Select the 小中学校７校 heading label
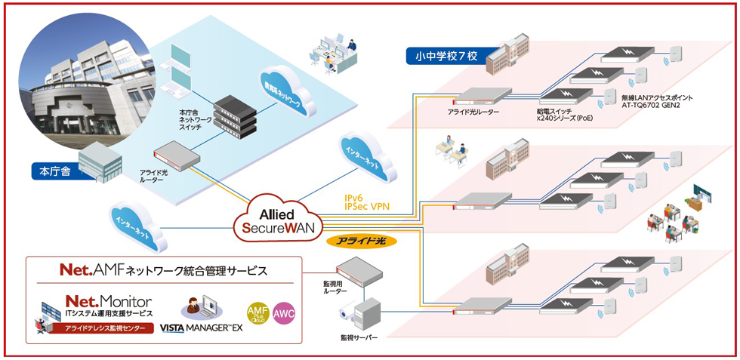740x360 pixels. click(447, 55)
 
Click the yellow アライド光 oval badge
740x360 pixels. click(361, 242)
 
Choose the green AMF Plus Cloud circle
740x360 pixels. click(257, 312)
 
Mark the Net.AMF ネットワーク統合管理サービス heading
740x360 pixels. click(163, 269)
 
